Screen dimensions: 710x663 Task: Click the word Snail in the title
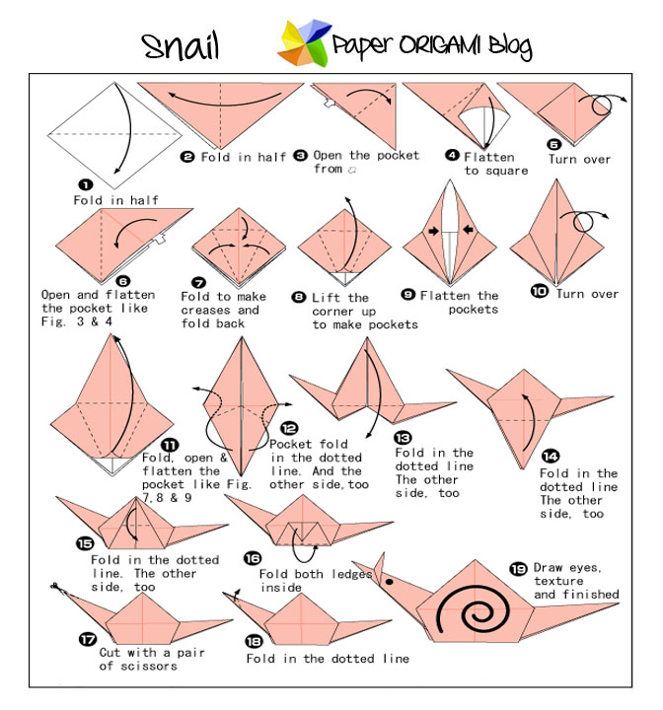pyautogui.click(x=181, y=45)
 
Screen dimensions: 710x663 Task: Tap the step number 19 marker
pyautogui.click(x=518, y=569)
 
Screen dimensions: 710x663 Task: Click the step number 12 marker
pyautogui.click(x=289, y=428)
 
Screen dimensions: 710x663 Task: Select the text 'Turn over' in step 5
pyautogui.click(x=579, y=159)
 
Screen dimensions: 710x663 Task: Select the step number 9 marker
pyautogui.click(x=407, y=295)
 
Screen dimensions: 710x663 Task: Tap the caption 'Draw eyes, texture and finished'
pyautogui.click(x=576, y=581)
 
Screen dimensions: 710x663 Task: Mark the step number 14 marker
pyautogui.click(x=551, y=456)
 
